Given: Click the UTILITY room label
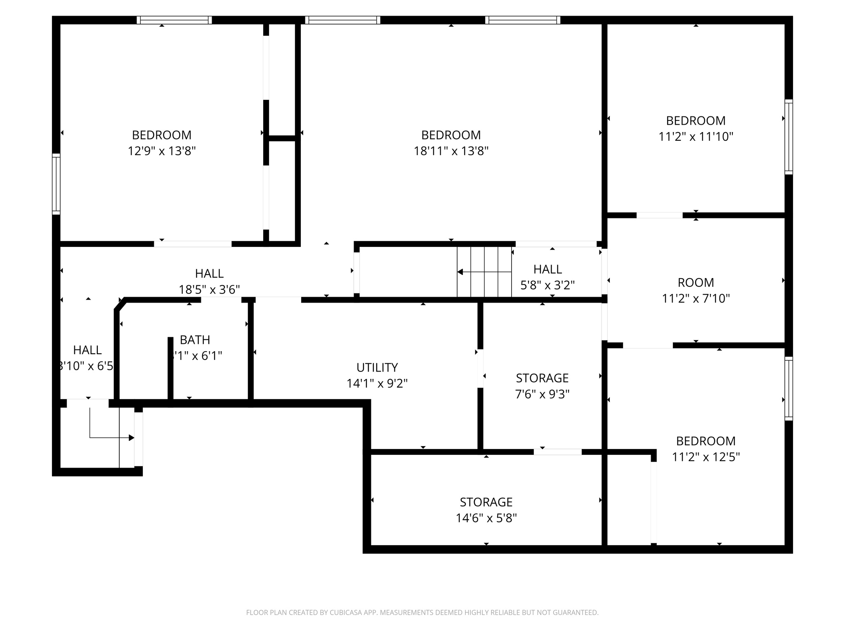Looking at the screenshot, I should (377, 367).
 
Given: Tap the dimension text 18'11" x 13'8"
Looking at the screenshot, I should (451, 151).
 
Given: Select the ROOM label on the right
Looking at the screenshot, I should (696, 283).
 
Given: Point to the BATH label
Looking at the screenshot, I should (195, 340).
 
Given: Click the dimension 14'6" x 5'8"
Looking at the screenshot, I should (486, 518).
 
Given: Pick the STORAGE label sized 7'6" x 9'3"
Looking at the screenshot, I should (542, 378).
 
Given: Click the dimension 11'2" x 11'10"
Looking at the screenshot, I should (696, 137).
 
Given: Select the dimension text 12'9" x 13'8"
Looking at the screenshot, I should (161, 151).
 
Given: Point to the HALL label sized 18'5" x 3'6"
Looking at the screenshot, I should (209, 274).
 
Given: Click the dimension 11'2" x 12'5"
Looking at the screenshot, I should (706, 457).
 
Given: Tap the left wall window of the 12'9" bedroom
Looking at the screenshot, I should (56, 184).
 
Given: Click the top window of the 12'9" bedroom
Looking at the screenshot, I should (174, 20).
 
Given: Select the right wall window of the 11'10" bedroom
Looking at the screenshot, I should (788, 137).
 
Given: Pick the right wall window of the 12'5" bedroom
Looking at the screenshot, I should (788, 388).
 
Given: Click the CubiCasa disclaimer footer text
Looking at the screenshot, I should (422, 613).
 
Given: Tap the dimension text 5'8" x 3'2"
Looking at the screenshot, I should (547, 285).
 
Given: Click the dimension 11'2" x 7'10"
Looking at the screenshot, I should (696, 298).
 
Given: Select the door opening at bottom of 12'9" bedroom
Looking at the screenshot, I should (193, 244).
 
